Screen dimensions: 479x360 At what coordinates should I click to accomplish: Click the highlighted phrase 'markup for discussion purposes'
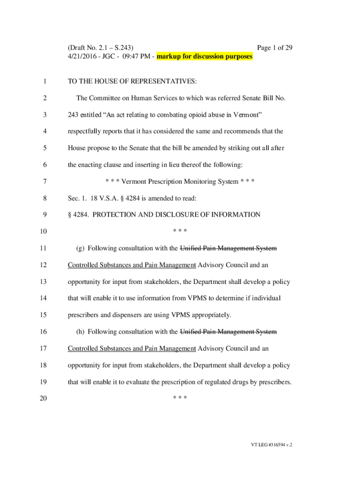(204, 57)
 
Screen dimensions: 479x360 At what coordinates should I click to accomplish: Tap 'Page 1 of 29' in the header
(275, 48)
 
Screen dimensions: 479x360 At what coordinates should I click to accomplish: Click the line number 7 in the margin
(44, 181)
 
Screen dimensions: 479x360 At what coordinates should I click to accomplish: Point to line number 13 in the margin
(44, 282)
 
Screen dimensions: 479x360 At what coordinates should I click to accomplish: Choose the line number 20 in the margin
(44, 399)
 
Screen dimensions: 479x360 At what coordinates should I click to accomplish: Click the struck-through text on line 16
(228, 332)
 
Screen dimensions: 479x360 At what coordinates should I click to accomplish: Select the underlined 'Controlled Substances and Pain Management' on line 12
(132, 265)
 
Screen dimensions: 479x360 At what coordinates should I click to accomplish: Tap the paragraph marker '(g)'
(80, 248)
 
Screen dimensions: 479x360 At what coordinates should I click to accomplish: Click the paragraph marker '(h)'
(80, 332)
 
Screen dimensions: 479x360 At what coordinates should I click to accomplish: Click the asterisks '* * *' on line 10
(180, 232)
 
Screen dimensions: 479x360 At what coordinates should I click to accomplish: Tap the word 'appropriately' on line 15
(210, 315)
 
